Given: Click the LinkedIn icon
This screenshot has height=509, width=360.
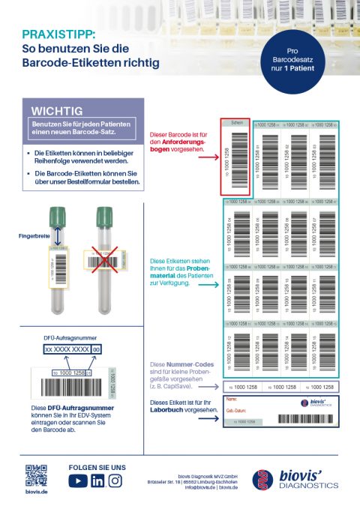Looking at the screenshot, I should coord(97,481).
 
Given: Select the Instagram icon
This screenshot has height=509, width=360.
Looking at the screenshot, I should coord(115,481).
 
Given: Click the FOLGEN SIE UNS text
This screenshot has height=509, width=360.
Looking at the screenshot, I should coord(97,467).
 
